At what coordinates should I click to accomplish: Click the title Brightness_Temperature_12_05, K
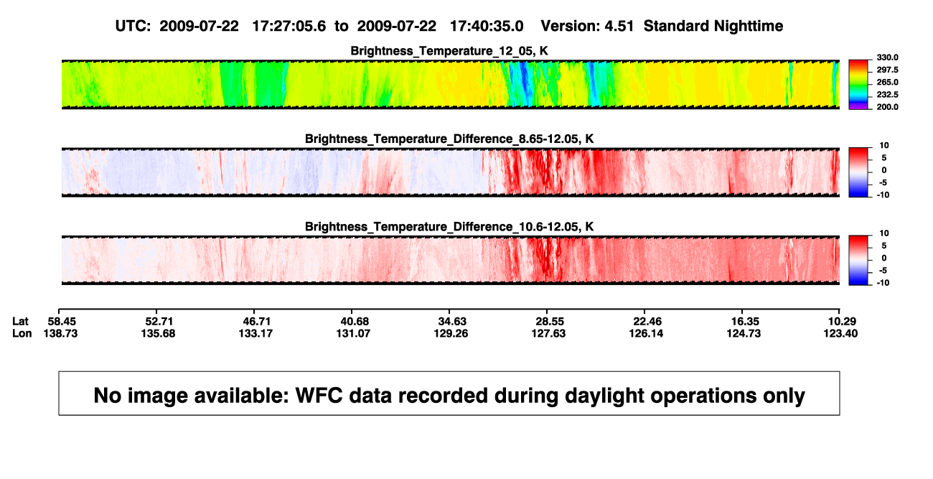point(449,51)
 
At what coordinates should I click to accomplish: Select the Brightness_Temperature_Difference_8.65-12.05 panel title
point(449,139)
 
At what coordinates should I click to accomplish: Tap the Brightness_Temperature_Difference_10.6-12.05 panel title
point(449,227)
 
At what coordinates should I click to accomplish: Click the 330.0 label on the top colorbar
point(887,57)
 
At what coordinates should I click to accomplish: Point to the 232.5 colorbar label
point(887,95)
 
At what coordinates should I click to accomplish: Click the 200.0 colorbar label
point(887,107)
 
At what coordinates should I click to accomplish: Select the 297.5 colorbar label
point(887,70)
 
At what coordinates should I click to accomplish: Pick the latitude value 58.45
point(62,322)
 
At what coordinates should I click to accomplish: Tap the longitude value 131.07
point(353,333)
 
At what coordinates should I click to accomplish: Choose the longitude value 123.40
point(840,333)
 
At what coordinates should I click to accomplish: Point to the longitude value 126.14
point(646,333)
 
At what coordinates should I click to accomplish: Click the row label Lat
point(20,322)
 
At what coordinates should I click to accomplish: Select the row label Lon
point(22,333)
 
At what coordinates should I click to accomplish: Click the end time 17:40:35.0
point(487,27)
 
